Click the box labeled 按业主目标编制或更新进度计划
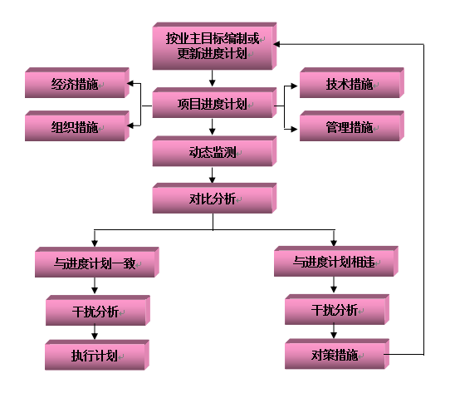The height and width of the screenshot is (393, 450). tap(214, 46)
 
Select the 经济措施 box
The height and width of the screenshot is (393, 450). tap(77, 83)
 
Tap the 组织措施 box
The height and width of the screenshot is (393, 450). tap(77, 125)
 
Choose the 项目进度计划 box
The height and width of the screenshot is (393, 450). tap(214, 102)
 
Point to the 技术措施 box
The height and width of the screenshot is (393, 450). tap(352, 83)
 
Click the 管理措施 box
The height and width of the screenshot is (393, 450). tap(352, 125)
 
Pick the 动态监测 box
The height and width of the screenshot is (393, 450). tap(214, 151)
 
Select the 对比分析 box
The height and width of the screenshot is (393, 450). tap(214, 198)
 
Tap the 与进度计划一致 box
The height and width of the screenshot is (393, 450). tap(97, 262)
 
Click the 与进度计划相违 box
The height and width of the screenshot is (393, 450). tap(336, 261)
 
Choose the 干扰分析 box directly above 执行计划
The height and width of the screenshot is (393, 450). tap(98, 310)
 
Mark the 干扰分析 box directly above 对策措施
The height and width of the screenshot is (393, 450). tap(337, 309)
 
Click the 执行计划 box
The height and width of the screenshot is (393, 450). tap(97, 355)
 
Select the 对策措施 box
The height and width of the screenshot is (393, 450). tap(337, 354)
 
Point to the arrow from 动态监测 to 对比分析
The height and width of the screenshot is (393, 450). tap(212, 175)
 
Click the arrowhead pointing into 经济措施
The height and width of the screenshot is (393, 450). tap(130, 83)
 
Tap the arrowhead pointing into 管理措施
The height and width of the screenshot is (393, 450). tap(294, 129)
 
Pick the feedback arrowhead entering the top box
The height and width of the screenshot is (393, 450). tap(276, 44)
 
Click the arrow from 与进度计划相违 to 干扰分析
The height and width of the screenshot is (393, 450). tap(334, 285)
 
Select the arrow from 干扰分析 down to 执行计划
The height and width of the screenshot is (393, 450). tap(95, 332)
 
